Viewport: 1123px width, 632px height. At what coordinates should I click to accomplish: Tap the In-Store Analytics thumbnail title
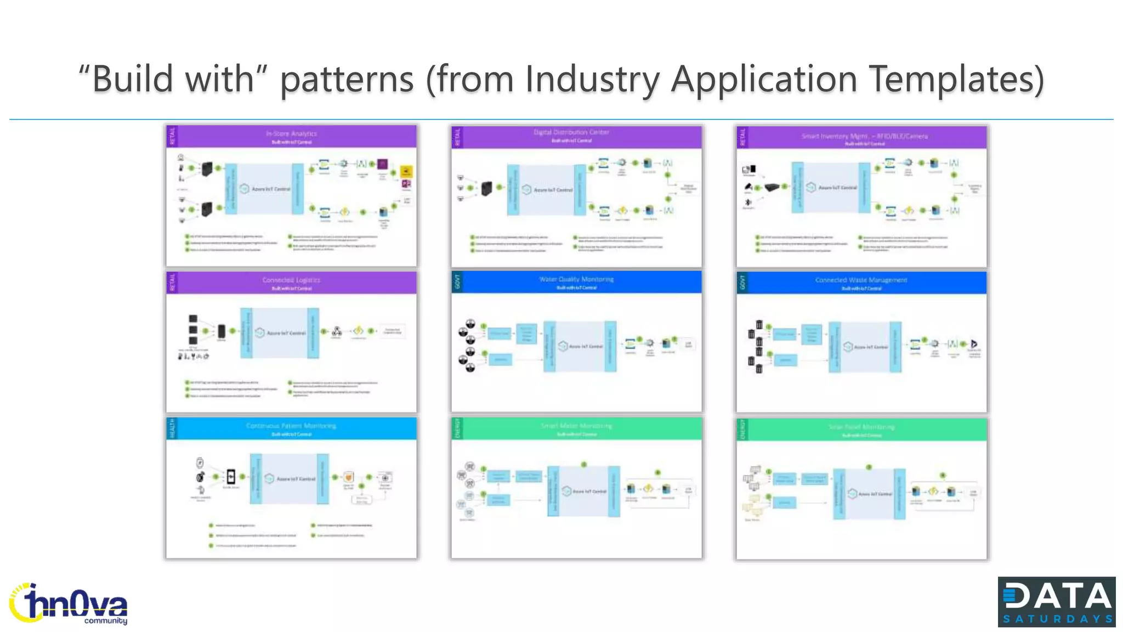[x=291, y=133]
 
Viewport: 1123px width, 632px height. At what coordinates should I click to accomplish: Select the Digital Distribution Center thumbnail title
[x=571, y=132]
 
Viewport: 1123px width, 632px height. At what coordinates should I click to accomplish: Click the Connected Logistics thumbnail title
[x=291, y=280]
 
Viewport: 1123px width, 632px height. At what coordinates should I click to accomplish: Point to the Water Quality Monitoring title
[x=576, y=279]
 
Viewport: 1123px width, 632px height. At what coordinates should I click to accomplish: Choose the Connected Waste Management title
[x=861, y=280]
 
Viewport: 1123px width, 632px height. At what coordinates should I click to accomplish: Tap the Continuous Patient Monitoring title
[x=291, y=426]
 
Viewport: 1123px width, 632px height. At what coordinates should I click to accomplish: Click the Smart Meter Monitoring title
[x=576, y=426]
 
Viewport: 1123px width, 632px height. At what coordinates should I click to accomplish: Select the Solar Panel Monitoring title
[x=861, y=427]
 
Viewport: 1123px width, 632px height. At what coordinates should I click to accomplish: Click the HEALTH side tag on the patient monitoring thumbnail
[x=172, y=428]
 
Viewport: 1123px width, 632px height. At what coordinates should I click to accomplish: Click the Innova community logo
[x=68, y=603]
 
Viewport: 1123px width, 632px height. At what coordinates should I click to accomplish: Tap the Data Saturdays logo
[x=1056, y=601]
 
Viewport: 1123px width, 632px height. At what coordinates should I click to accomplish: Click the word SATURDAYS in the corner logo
[x=1057, y=619]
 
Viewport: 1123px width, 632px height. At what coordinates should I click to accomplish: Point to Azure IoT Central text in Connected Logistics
[x=286, y=333]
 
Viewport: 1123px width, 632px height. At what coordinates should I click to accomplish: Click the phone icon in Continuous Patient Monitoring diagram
[x=231, y=476]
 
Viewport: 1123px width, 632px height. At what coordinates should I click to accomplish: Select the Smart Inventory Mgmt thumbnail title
[x=864, y=136]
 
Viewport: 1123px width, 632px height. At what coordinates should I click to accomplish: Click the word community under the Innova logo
[x=105, y=621]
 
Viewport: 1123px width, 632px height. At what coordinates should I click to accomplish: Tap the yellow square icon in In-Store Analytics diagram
[x=406, y=171]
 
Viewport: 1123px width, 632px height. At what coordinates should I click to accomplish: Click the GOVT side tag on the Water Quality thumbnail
[x=457, y=281]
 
